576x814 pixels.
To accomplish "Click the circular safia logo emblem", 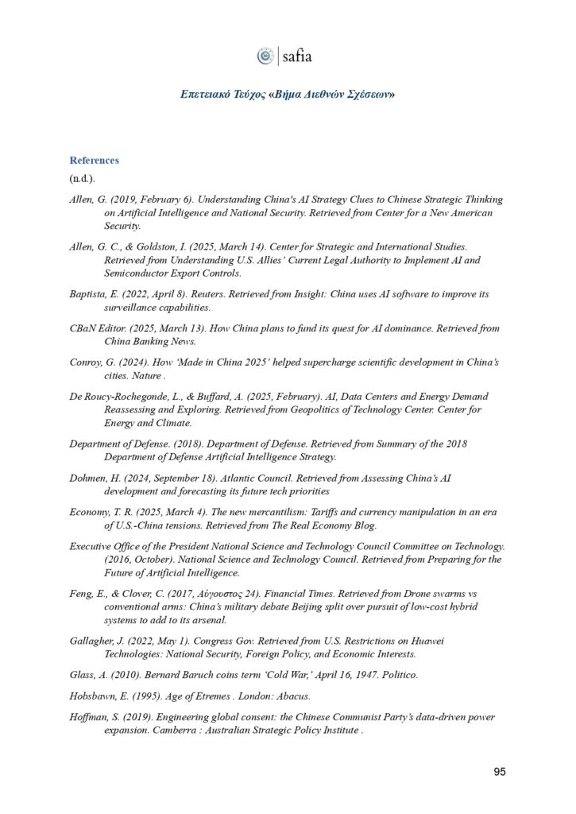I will coord(264,56).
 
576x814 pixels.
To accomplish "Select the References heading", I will coord(94,160).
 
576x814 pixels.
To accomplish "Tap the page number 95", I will coord(499,770).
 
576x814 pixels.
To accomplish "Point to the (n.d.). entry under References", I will coord(82,179).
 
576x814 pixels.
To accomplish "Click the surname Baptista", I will coord(89,294).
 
